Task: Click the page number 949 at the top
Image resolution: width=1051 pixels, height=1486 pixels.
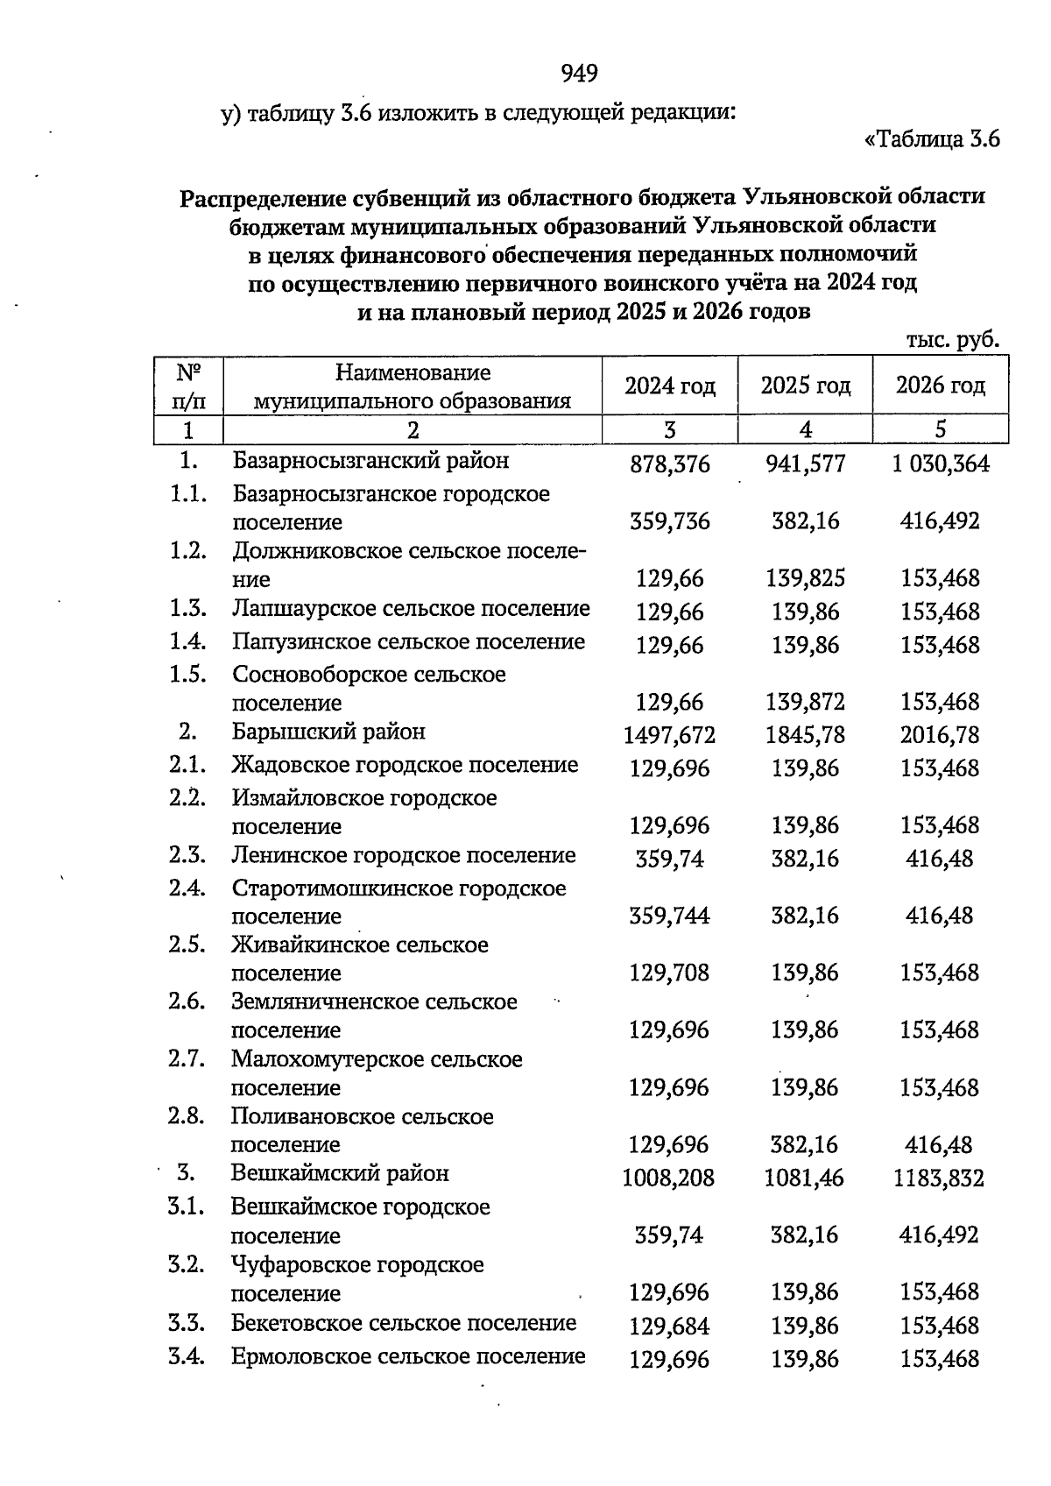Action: point(579,74)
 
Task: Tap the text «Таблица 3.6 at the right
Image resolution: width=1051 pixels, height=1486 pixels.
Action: point(932,139)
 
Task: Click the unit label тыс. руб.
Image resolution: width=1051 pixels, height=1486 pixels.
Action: point(952,340)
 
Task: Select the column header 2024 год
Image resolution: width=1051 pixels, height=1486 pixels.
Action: point(670,386)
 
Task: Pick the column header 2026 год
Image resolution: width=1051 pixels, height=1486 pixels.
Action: point(940,386)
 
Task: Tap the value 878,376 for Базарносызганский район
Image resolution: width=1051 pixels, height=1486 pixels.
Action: point(670,464)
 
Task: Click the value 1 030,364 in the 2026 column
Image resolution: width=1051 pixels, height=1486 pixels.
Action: point(941,464)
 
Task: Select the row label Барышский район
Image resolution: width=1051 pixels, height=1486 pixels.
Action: point(328,732)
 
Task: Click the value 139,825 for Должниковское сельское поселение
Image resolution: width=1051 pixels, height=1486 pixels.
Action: point(806,579)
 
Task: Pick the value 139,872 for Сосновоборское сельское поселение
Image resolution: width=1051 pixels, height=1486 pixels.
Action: point(806,703)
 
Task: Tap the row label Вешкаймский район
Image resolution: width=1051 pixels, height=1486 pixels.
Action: point(340,1174)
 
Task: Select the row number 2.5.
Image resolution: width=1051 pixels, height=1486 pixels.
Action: point(187,945)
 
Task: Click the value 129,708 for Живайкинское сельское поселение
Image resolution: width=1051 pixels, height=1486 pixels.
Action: point(669,973)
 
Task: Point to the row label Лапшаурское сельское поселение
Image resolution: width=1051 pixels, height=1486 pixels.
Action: point(411,609)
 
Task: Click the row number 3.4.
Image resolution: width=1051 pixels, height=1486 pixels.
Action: point(187,1357)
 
